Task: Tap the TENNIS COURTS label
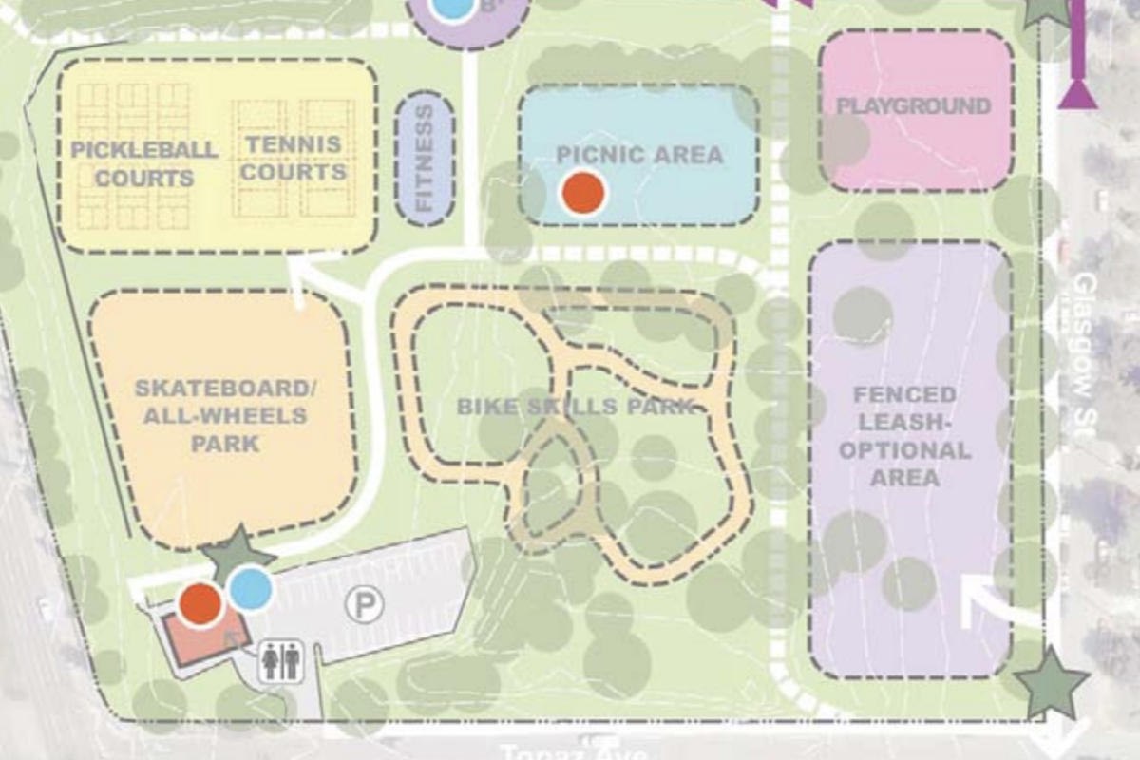point(294,159)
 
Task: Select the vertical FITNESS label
point(425,158)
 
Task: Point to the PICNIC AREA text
point(639,155)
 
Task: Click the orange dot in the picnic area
point(582,192)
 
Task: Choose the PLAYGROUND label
point(913,106)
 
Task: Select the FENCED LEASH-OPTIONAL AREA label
point(904,435)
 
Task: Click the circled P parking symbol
point(364,603)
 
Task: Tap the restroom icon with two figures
point(281,660)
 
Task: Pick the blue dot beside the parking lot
point(251,589)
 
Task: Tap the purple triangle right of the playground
point(1077,94)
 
